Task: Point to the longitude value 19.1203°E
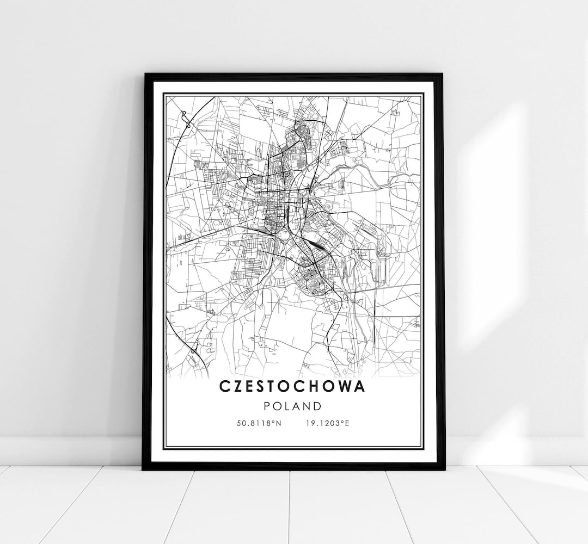pyautogui.click(x=326, y=423)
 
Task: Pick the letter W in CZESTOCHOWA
pyautogui.click(x=346, y=386)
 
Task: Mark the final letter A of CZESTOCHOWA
pyautogui.click(x=360, y=386)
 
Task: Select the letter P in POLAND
pyautogui.click(x=266, y=406)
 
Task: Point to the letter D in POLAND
pyautogui.click(x=318, y=406)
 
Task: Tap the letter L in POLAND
pyautogui.click(x=287, y=406)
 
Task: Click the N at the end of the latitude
pyautogui.click(x=278, y=423)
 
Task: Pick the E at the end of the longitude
pyautogui.click(x=346, y=423)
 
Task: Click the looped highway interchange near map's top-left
pyautogui.click(x=186, y=119)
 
